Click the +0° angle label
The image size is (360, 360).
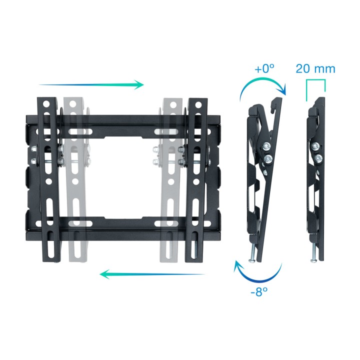(x=264, y=68)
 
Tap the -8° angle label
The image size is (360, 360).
(x=259, y=291)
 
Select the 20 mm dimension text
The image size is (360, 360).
(x=315, y=68)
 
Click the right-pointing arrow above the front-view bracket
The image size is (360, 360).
(x=91, y=84)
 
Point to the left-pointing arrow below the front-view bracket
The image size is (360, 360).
(x=152, y=274)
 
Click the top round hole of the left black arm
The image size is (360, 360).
(x=47, y=104)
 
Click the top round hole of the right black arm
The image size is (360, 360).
(x=198, y=105)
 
